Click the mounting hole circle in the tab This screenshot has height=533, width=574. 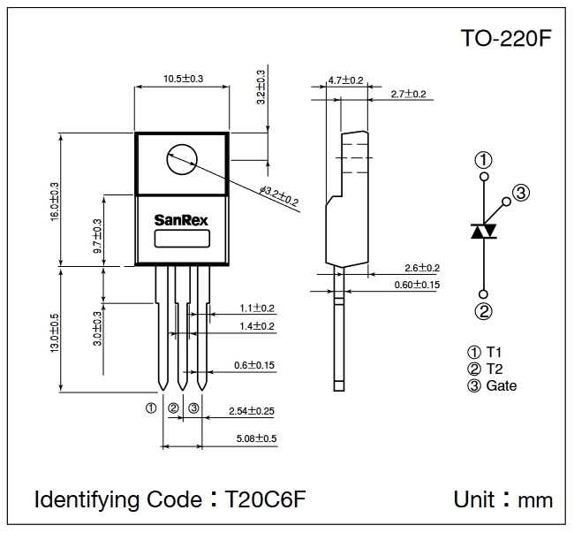tap(182, 159)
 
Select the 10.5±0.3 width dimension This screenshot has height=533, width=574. tap(183, 79)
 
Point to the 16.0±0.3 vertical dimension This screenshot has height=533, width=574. tap(55, 202)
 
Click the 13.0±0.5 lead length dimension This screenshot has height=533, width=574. tap(55, 328)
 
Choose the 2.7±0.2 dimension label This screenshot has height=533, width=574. tap(407, 94)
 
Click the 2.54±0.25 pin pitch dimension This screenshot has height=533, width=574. tap(252, 411)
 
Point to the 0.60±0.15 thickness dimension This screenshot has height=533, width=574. tap(417, 284)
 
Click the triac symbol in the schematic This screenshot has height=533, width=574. tap(483, 231)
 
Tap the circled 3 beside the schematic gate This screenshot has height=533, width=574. tap(520, 194)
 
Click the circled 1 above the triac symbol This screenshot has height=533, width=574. tap(483, 160)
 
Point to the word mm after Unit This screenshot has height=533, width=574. tap(535, 500)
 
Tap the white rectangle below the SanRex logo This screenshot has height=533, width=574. tap(183, 239)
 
